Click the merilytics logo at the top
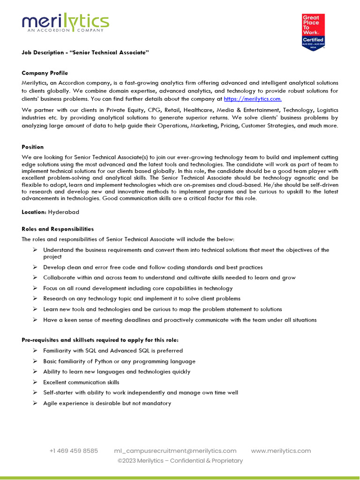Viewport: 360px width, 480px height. point(65,22)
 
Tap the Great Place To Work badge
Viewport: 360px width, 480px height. point(313,32)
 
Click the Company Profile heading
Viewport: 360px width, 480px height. point(45,73)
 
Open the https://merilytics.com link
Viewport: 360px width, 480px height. point(253,99)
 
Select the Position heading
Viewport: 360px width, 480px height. point(32,147)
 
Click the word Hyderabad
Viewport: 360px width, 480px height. point(64,212)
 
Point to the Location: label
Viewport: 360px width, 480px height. point(34,212)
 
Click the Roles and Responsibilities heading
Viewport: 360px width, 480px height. point(58,229)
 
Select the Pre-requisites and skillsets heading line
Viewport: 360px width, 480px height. point(100,340)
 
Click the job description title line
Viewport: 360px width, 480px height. point(85,52)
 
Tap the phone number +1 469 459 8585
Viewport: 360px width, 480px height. point(74,450)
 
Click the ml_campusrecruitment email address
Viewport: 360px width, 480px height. point(175,450)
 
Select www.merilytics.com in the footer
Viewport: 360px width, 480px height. point(281,450)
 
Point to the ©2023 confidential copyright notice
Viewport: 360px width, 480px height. point(180,461)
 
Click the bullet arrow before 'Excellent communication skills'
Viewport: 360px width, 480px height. point(35,382)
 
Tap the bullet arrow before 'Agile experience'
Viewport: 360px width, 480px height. point(35,403)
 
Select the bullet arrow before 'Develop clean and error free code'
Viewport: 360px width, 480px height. point(35,267)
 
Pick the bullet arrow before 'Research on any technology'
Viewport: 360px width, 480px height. point(35,299)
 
